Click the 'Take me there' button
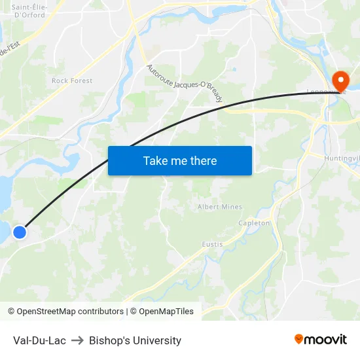tap(179, 160)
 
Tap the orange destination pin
tap(340, 81)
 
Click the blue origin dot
tap(20, 232)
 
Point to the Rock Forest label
tap(72, 81)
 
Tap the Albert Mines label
tap(220, 207)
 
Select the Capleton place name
tap(254, 223)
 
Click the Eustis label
tap(212, 244)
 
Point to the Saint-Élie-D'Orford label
tap(29, 10)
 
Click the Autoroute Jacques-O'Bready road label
tap(185, 83)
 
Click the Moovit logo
tap(321, 339)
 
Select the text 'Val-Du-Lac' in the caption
tap(39, 340)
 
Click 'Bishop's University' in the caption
tap(135, 340)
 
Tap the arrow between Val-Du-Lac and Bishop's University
tap(77, 340)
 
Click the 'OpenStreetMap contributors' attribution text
tap(70, 312)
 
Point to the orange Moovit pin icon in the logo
tap(299, 339)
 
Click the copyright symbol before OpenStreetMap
tap(12, 312)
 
